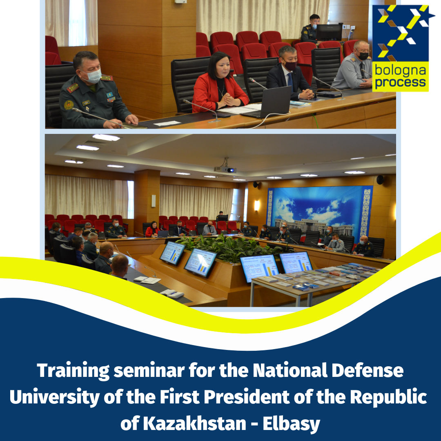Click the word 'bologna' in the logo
[400, 71]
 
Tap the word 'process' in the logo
[401, 82]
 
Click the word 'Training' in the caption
[73, 371]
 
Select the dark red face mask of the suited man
[290, 66]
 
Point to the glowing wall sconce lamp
[257, 205]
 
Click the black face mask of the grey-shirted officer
[363, 56]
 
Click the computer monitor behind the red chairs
[329, 32]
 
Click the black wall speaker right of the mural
[380, 180]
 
